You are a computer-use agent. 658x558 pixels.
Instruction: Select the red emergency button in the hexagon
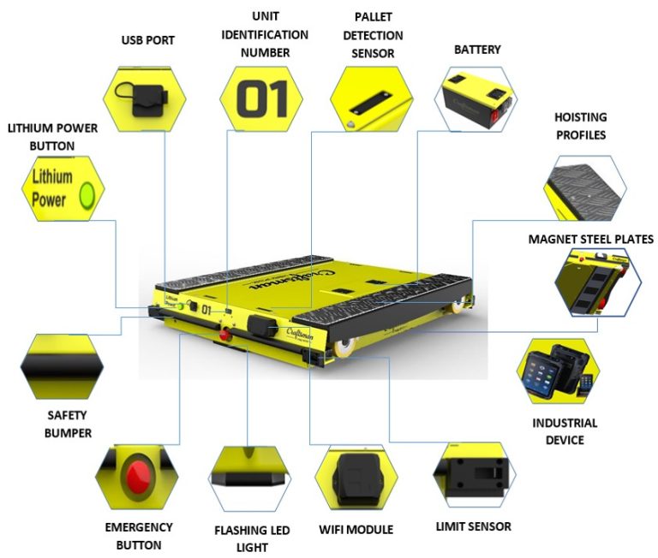pos(136,475)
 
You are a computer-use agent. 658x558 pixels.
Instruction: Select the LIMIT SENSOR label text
pos(473,526)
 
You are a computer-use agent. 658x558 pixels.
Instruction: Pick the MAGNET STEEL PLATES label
pos(590,239)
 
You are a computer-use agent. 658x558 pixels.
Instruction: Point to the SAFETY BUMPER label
pos(69,425)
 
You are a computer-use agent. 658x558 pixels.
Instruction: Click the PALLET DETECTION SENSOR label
pos(367,35)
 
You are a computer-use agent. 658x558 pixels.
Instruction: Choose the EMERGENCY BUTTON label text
pos(138,536)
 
